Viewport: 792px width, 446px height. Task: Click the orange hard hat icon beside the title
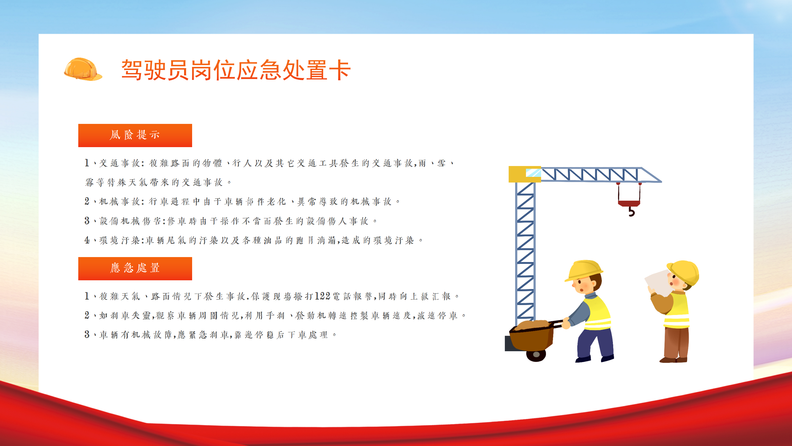[83, 69]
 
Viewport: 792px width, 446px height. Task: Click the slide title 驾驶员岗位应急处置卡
[236, 70]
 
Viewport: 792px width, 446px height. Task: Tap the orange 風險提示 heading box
[135, 135]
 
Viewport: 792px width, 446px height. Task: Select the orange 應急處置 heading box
[135, 269]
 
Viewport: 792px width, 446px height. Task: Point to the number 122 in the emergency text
[323, 296]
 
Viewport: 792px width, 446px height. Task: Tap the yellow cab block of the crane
[520, 174]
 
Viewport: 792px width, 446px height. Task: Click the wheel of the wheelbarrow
[536, 355]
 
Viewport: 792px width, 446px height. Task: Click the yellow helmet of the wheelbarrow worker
[584, 270]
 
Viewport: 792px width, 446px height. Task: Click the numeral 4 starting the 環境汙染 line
[87, 240]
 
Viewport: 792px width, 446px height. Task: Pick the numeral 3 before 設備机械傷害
[87, 221]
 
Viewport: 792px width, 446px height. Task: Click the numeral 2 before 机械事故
[87, 201]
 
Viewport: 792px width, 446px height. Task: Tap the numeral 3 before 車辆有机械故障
[87, 334]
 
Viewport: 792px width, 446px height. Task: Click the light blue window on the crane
[533, 173]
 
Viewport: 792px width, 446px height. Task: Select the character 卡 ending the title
[340, 70]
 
